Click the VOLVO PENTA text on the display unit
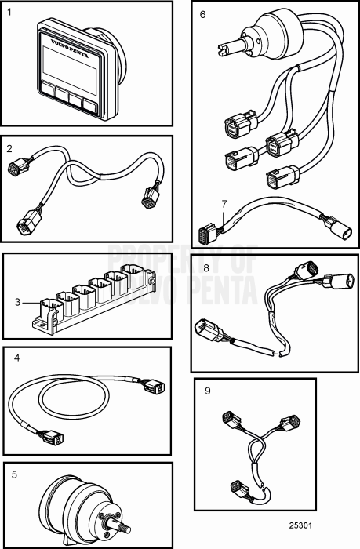tap(70, 49)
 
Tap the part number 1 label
tap(9, 13)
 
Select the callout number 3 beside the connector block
tap(17, 302)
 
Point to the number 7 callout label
tap(224, 204)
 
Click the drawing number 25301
tap(300, 525)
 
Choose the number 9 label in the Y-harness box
tap(208, 391)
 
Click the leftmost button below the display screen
tap(46, 89)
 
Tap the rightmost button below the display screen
tap(89, 106)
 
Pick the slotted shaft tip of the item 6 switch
tap(223, 49)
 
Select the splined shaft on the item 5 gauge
tap(120, 526)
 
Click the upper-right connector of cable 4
tap(154, 386)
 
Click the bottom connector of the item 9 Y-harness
tap(239, 488)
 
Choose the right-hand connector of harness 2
tap(149, 198)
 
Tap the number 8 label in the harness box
tap(206, 268)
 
